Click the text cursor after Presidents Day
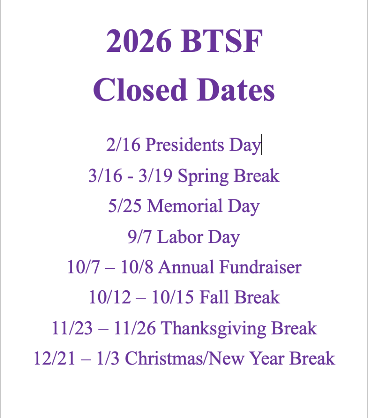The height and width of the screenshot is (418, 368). [262, 146]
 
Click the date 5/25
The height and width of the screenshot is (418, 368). [125, 207]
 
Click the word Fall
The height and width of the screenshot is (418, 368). [212, 298]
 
